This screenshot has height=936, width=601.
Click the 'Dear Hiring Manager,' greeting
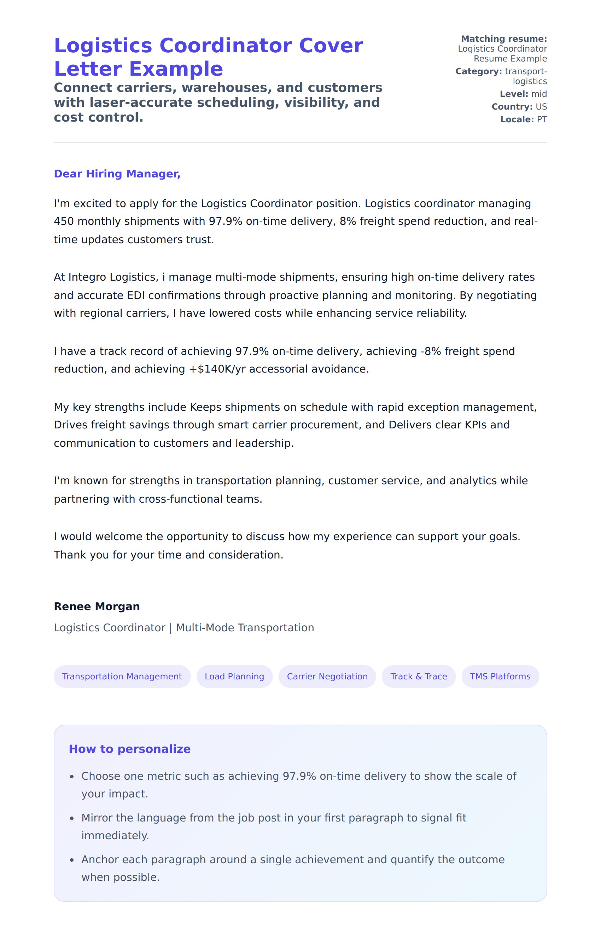117,174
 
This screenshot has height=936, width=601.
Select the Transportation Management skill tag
122,677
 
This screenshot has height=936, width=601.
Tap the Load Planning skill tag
234,677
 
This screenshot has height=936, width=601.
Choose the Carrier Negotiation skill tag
327,677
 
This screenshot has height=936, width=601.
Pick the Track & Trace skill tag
419,677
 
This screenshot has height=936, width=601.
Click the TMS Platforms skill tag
500,677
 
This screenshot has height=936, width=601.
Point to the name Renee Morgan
97,607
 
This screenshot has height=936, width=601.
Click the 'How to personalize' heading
129,749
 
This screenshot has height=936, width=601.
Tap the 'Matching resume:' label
504,39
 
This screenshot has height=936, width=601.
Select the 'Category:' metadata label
478,72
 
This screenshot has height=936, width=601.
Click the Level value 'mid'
539,94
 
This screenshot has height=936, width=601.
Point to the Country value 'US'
541,107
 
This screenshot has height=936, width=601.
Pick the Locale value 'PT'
542,120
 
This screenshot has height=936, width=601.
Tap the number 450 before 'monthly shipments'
64,221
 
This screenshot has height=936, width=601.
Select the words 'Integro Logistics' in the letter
112,277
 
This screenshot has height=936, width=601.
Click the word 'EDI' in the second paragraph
136,296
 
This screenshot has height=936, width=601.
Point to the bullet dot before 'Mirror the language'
72,818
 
